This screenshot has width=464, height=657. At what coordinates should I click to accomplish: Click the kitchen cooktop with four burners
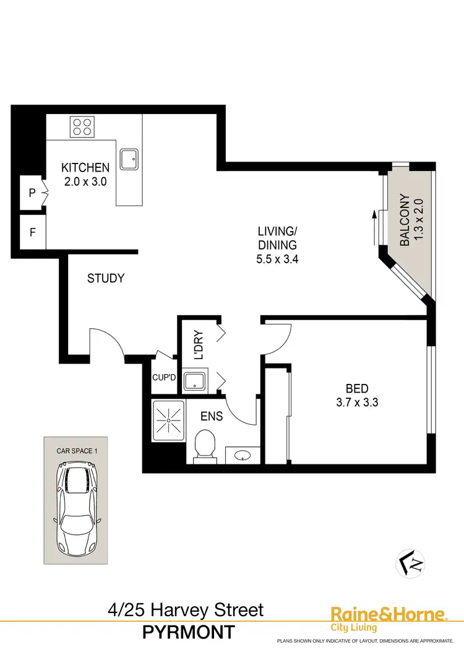click(82, 127)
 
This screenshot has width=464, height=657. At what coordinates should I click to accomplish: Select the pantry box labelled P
click(32, 193)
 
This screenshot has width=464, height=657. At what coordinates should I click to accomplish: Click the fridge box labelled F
click(32, 234)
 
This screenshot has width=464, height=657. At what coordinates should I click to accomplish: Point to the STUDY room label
click(105, 279)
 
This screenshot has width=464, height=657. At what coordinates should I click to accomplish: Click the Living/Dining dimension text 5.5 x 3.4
click(278, 259)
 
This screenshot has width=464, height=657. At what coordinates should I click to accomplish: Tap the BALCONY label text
click(405, 220)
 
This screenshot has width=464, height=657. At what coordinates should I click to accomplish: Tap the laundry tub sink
click(195, 380)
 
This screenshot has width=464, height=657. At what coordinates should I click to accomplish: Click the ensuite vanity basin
click(242, 456)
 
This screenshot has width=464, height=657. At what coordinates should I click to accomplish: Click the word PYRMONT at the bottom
click(188, 632)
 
